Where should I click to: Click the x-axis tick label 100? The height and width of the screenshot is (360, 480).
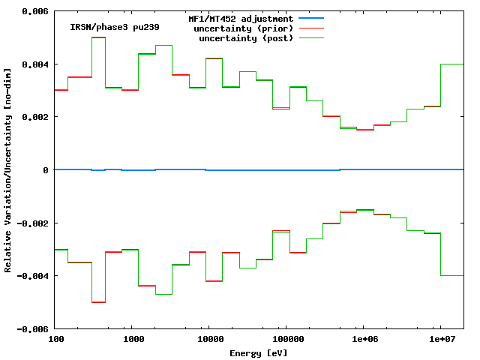click(55, 339)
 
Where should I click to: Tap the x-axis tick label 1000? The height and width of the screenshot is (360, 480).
click(133, 339)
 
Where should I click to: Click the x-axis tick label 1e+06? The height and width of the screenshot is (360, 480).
click(363, 339)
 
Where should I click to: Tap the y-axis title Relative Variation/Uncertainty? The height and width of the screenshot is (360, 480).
click(8, 170)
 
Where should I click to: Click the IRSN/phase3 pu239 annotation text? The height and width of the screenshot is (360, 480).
click(115, 27)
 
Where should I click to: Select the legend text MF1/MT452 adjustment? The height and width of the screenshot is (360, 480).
click(240, 18)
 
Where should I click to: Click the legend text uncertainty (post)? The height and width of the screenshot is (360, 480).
click(246, 38)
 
